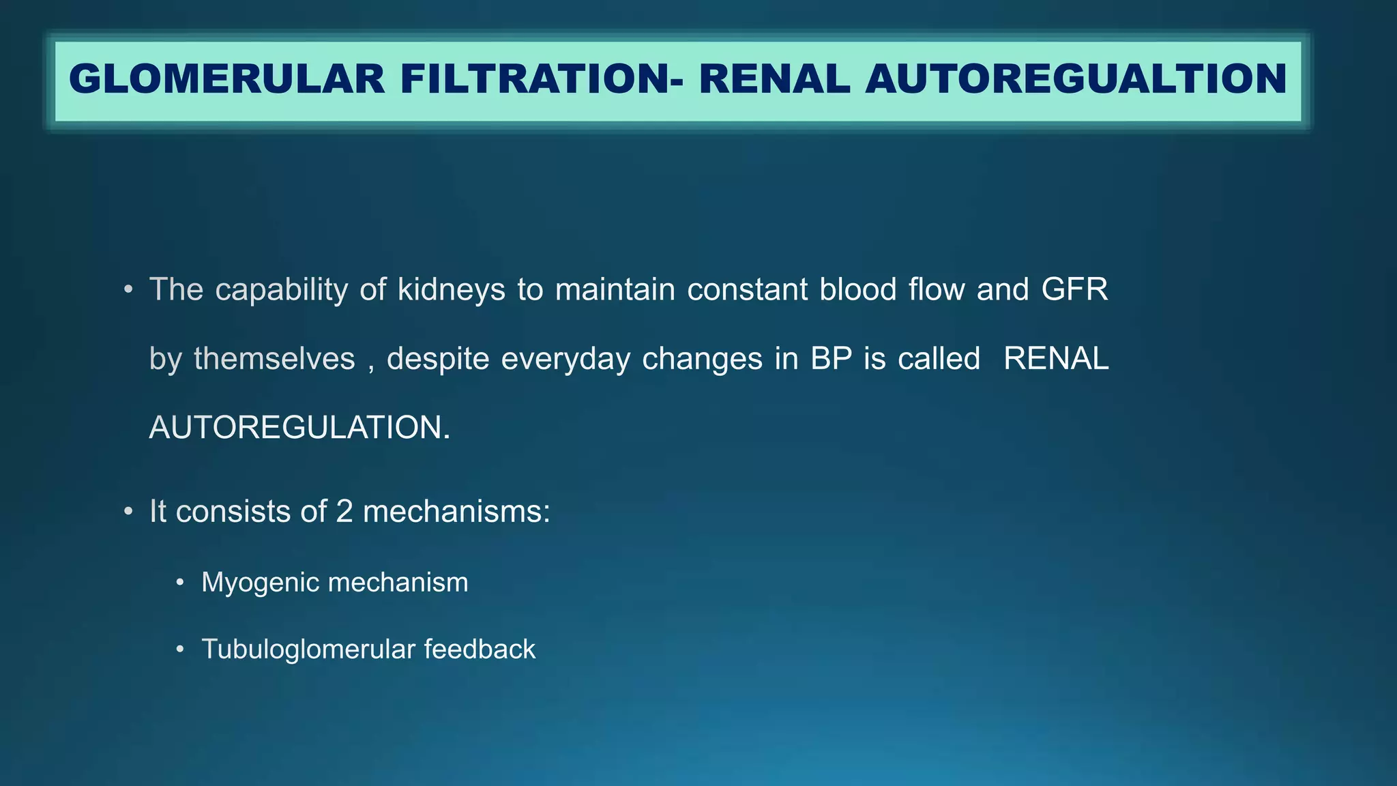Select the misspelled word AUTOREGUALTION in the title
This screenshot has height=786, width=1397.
[1076, 79]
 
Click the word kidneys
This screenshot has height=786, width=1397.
[451, 291]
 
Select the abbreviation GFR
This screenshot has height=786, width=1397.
[1074, 289]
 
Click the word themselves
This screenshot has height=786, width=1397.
[274, 359]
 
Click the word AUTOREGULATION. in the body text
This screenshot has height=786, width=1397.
[299, 428]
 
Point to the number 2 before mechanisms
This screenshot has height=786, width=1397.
[344, 512]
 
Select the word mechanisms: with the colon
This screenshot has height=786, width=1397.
[456, 512]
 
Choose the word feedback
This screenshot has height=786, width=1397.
[479, 649]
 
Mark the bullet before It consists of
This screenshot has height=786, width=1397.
[128, 512]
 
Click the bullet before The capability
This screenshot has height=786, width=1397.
[128, 291]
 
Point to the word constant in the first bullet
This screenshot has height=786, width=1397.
[747, 289]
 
